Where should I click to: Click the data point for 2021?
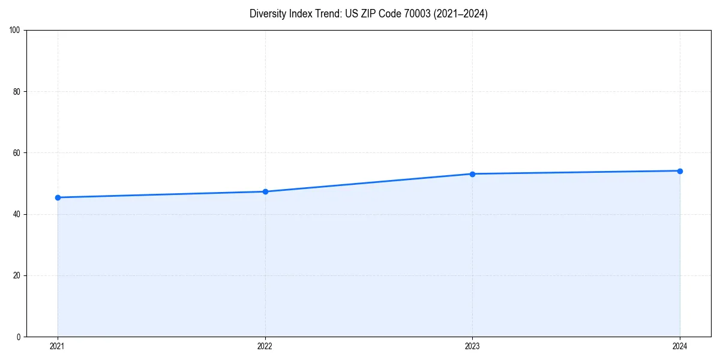click(58, 197)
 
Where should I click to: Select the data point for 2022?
click(265, 191)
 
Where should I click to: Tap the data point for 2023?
click(472, 174)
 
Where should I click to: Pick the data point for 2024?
click(680, 171)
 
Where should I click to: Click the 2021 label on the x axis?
click(58, 346)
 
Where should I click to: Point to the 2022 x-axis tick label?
click(265, 346)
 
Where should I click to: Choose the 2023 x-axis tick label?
click(472, 346)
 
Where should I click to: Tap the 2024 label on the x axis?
click(680, 346)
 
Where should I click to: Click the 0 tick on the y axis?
click(19, 337)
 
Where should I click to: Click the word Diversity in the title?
click(268, 14)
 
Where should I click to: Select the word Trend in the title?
click(326, 14)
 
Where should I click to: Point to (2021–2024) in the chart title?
click(460, 14)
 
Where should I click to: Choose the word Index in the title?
click(300, 14)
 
